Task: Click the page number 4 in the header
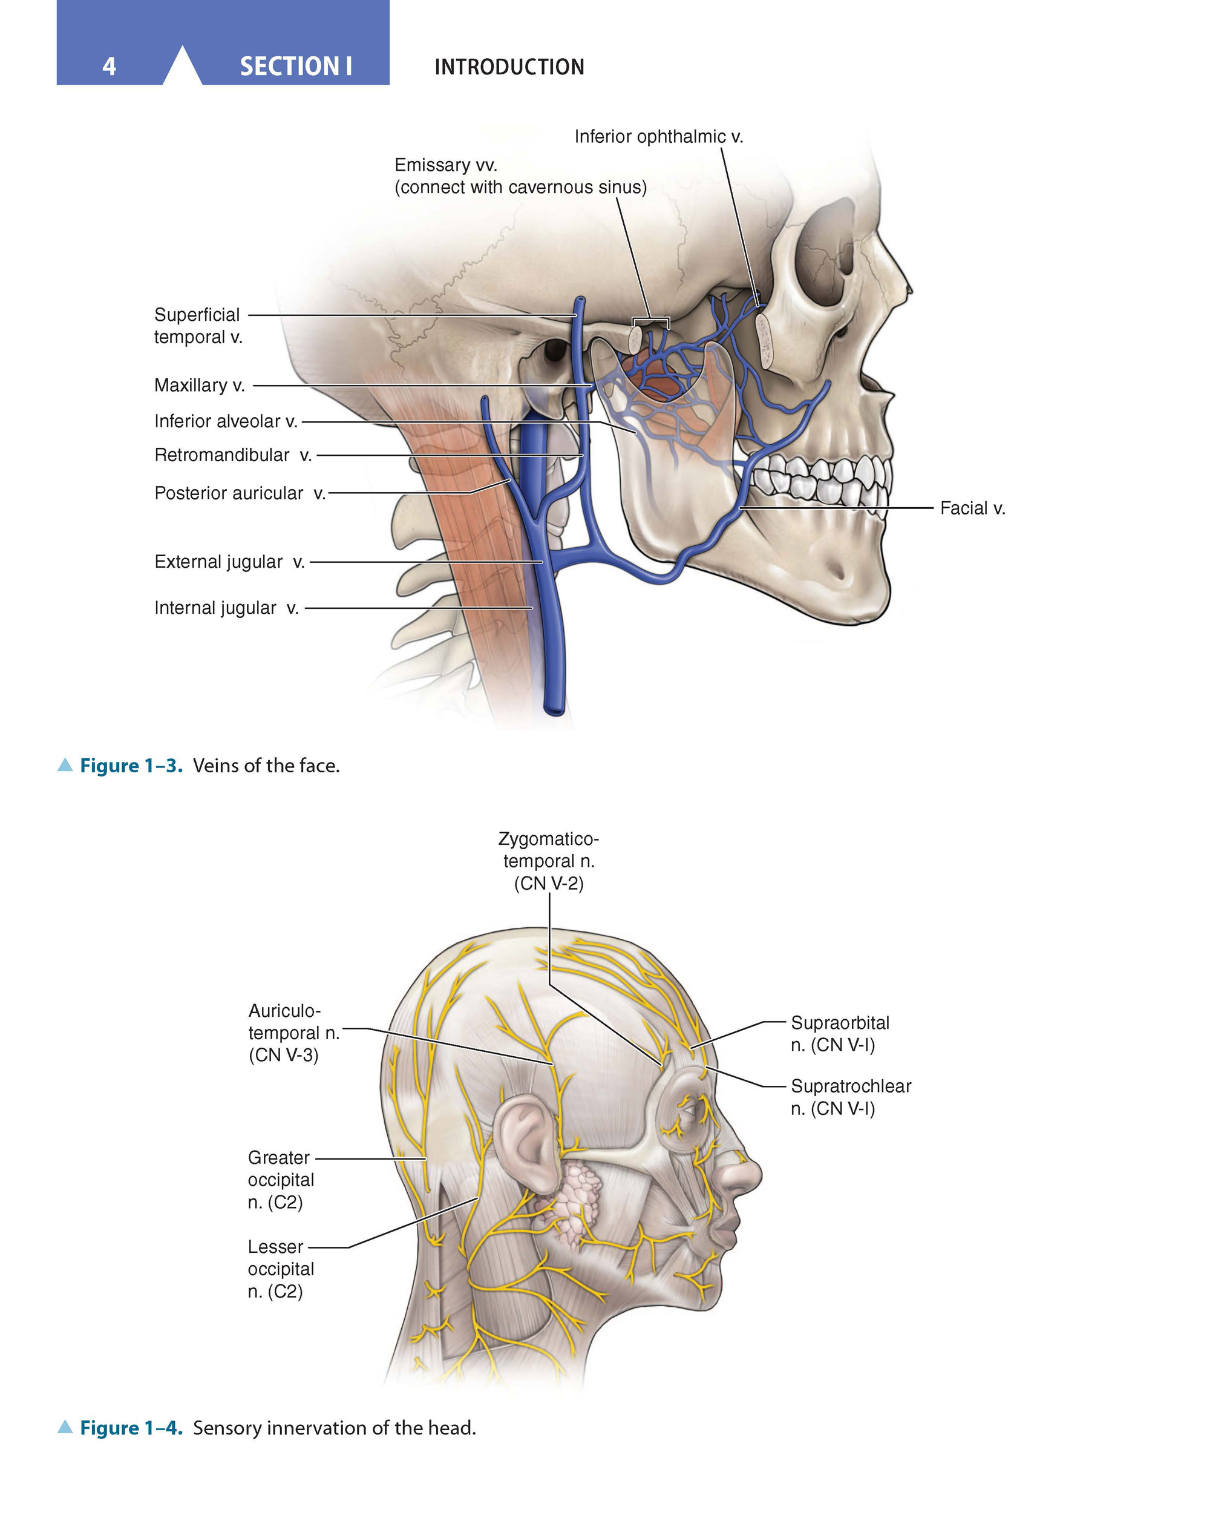109,66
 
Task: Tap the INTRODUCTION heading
509,67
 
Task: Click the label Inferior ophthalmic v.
659,136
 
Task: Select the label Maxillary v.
200,385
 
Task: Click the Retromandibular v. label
233,455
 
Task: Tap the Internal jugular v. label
227,608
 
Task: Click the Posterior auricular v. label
240,493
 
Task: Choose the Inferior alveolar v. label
226,421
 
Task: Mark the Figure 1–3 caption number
131,766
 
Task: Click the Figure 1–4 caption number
131,1427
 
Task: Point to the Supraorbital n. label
840,1033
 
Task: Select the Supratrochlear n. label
851,1097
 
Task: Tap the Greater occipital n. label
281,1180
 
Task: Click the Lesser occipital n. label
281,1269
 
